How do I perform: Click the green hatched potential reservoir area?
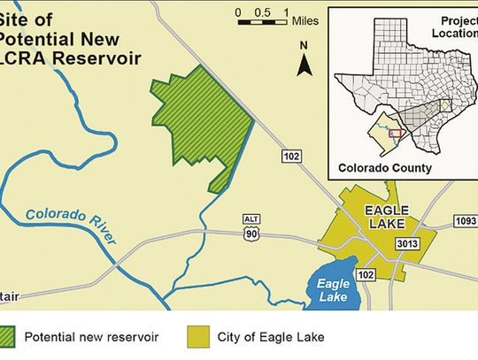click(199, 124)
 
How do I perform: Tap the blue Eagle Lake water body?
click(335, 288)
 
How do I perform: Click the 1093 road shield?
click(465, 220)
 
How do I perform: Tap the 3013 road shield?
click(408, 243)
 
